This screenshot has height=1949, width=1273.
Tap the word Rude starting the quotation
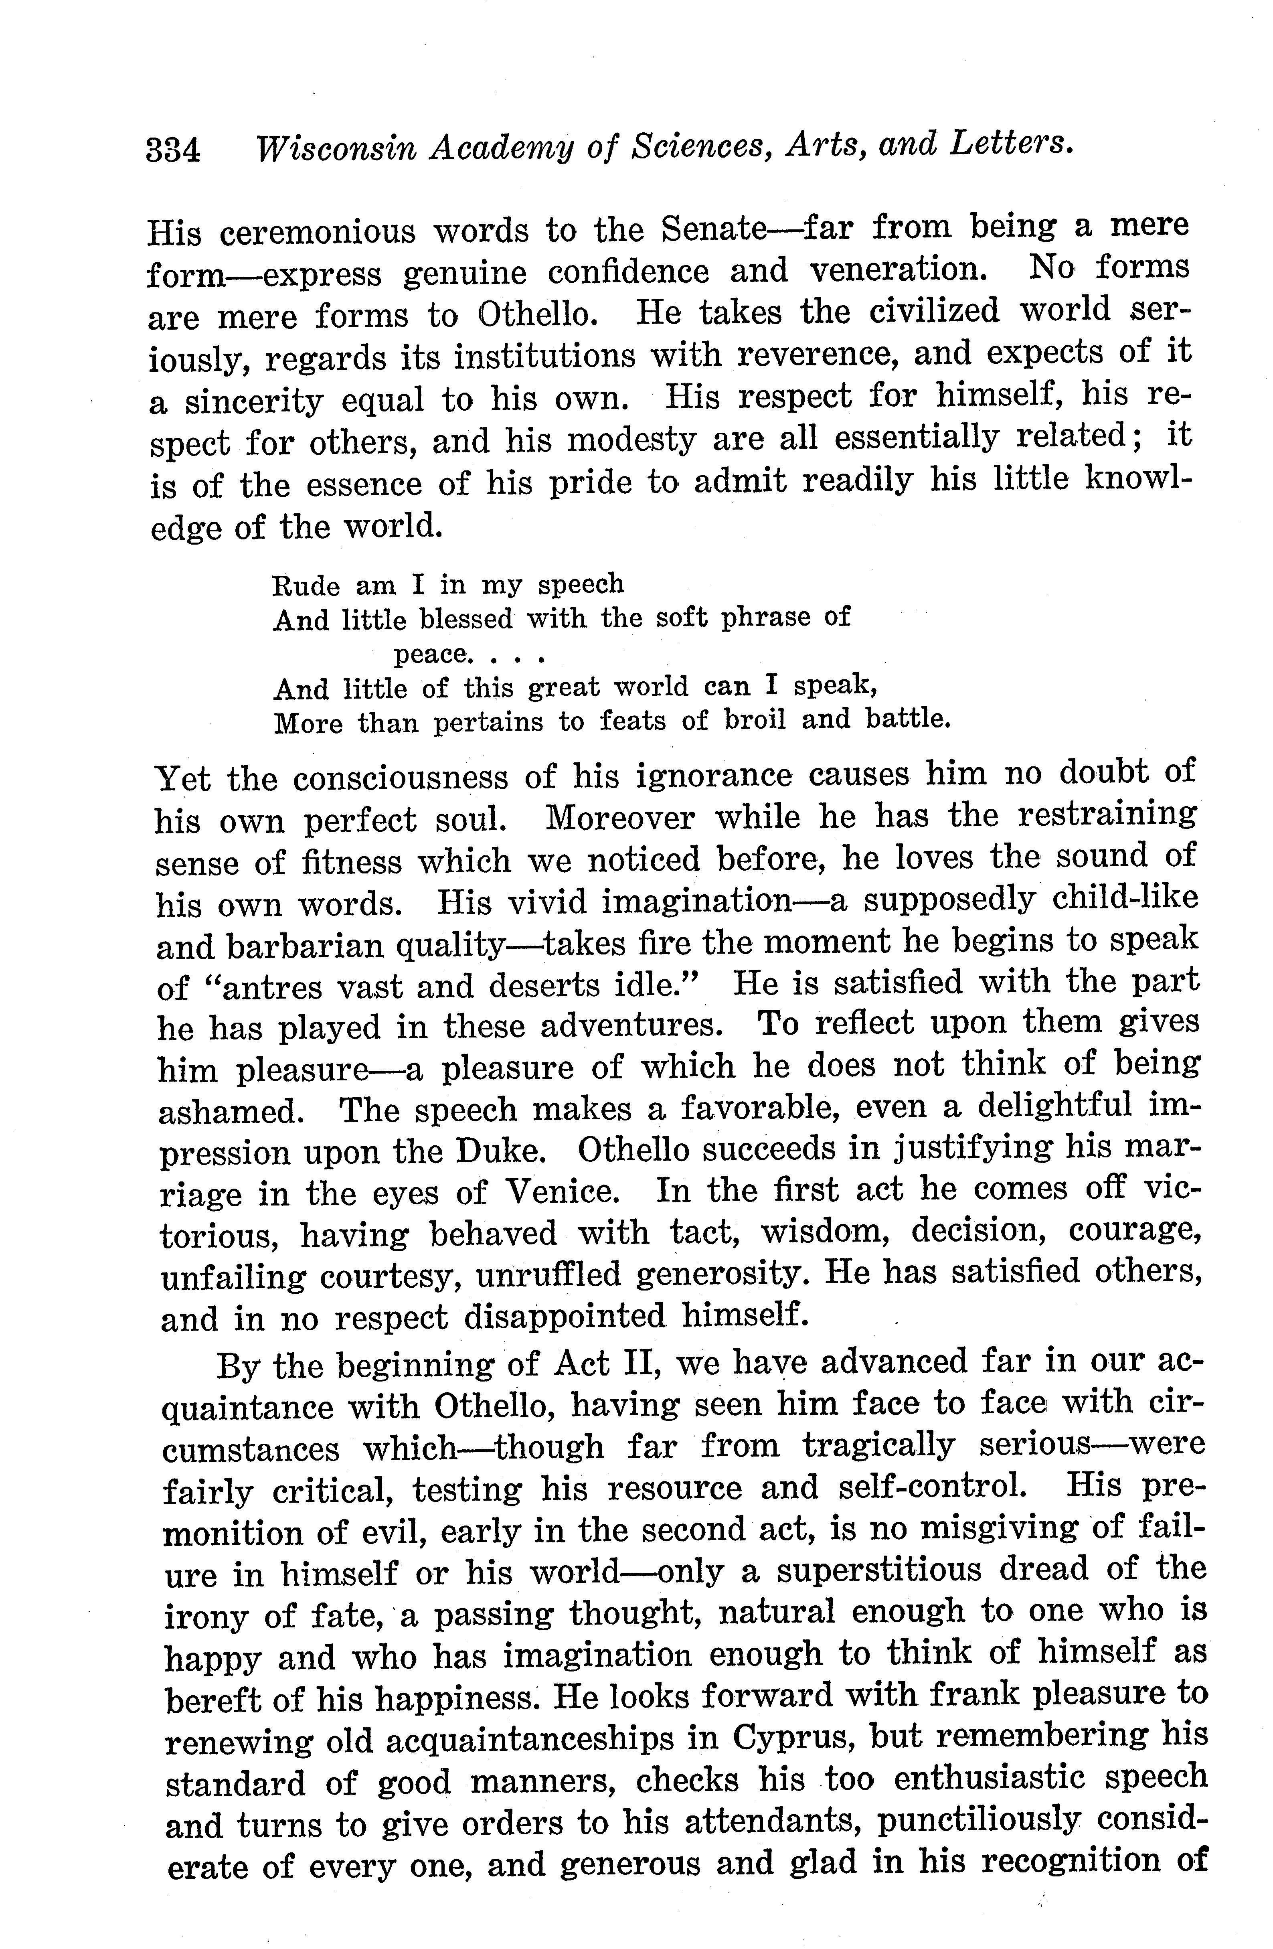306,586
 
